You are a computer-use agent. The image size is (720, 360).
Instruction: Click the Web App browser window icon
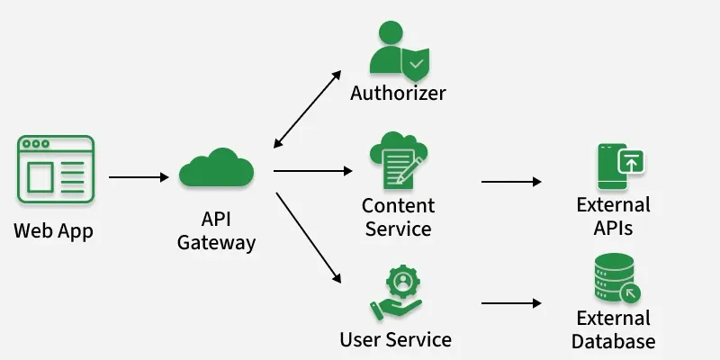click(x=55, y=170)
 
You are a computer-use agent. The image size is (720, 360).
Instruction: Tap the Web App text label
click(x=53, y=230)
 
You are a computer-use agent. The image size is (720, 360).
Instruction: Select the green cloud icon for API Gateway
click(x=216, y=168)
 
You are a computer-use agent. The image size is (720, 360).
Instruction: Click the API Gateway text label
click(x=216, y=230)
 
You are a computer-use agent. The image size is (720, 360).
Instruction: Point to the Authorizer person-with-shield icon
click(x=397, y=50)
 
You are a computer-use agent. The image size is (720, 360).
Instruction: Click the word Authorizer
click(x=398, y=94)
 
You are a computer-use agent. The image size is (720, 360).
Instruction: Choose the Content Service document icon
click(x=397, y=160)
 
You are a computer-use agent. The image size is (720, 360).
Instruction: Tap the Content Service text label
click(x=398, y=217)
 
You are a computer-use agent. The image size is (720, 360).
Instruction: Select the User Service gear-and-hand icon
click(x=396, y=292)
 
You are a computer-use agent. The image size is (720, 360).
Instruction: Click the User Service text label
click(x=396, y=340)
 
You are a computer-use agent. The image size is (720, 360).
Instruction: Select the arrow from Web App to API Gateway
click(x=139, y=177)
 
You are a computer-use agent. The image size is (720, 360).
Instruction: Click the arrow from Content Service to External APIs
click(x=511, y=182)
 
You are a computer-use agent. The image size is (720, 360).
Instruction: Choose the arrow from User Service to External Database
click(x=511, y=304)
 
